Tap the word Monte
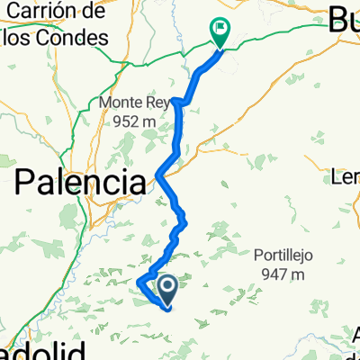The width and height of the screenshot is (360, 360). tap(123, 103)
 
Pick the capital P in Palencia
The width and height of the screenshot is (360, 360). tap(27, 183)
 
